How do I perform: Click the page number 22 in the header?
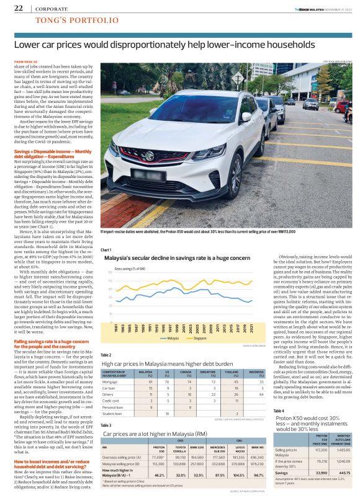pos(19,8)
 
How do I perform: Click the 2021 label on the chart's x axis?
pos(250,328)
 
